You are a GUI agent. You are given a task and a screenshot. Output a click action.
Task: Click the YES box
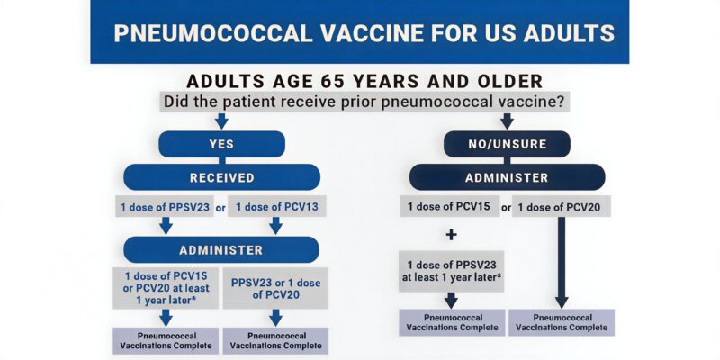point(221,144)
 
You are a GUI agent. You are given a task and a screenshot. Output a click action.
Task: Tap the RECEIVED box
point(221,176)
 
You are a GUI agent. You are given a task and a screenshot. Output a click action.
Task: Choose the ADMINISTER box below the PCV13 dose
point(221,249)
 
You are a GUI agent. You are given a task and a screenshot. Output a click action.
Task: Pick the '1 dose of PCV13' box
point(277,207)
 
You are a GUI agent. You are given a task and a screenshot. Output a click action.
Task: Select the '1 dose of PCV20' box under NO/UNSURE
point(564,207)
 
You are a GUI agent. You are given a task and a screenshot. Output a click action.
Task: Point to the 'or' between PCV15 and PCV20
point(506,208)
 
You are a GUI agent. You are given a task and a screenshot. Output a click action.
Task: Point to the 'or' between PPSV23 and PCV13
point(220,207)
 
